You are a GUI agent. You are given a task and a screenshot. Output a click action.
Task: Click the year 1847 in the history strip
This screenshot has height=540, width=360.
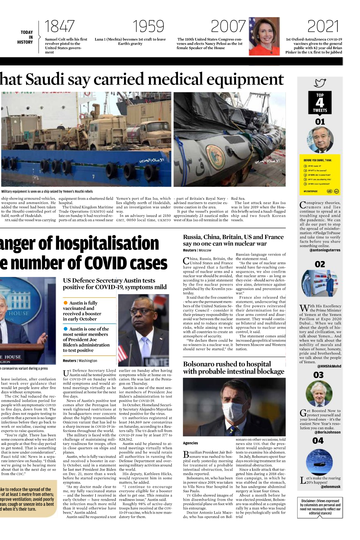point(59,26)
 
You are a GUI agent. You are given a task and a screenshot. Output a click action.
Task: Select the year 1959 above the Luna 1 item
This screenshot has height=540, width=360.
point(148,26)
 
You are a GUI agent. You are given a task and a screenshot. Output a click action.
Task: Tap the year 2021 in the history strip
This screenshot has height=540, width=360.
point(323,26)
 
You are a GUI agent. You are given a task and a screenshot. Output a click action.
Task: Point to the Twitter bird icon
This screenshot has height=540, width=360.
point(320,83)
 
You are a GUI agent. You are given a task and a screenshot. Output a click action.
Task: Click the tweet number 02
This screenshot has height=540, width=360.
point(320,264)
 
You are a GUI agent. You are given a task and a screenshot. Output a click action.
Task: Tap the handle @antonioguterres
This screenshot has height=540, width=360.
point(325,250)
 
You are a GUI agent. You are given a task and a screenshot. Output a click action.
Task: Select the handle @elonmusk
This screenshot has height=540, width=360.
point(331,487)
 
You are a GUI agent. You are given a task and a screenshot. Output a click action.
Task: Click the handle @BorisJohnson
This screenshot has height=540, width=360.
point(327,432)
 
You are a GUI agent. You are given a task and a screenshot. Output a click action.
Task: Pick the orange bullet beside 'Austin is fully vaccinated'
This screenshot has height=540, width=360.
point(65,303)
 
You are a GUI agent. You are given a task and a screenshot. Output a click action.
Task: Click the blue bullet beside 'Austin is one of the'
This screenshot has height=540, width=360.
point(65,329)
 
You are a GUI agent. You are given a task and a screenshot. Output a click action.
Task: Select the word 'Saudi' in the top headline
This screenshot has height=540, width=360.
point(45,79)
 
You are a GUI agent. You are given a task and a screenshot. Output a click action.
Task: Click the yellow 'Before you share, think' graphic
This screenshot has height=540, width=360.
point(320,175)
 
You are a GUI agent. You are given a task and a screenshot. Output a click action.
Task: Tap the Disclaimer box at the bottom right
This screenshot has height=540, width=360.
point(320,507)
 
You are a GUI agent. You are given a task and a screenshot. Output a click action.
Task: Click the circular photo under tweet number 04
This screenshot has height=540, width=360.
point(319,461)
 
